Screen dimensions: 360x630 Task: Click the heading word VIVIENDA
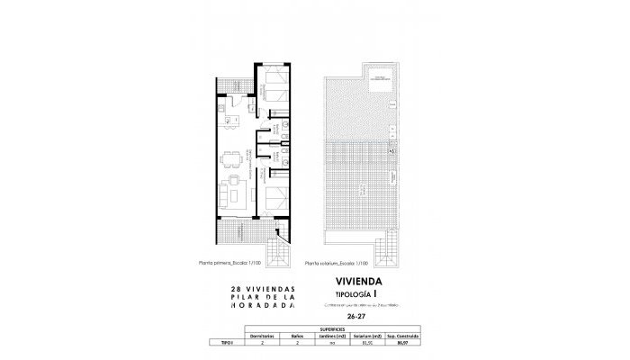[358, 281]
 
